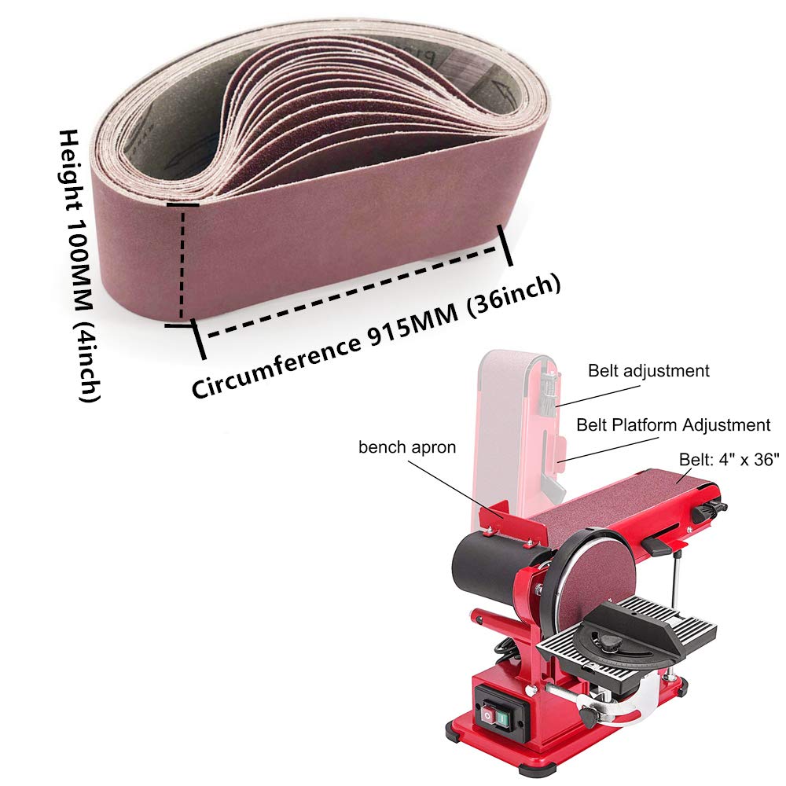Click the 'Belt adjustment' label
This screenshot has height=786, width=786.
(648, 371)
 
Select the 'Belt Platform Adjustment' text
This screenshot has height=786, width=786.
(674, 425)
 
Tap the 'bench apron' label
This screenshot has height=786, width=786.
(407, 447)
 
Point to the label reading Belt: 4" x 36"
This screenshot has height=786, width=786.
(729, 459)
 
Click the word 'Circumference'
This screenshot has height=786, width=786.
(276, 367)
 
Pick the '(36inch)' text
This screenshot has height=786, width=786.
(514, 297)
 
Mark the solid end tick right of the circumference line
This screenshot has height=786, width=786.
(505, 245)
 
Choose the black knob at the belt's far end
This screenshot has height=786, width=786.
(705, 512)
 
